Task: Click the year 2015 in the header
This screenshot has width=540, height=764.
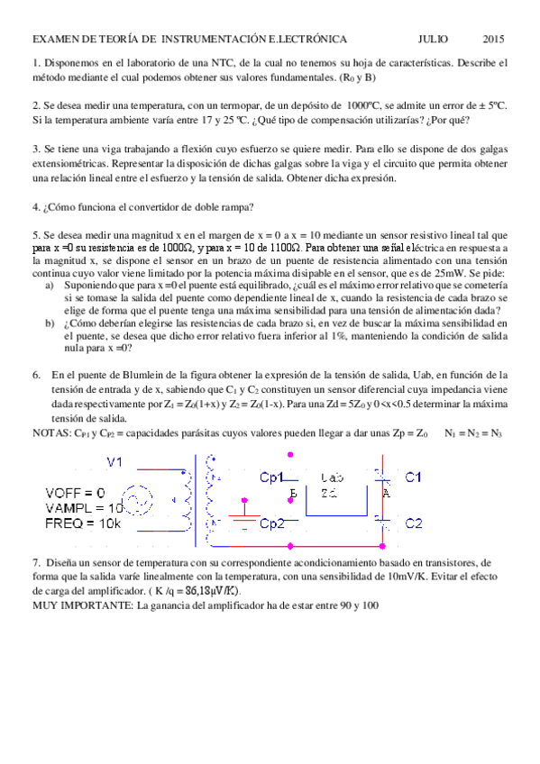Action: [493, 40]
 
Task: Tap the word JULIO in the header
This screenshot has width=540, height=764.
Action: [435, 40]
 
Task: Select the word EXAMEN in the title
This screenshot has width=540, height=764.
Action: [54, 40]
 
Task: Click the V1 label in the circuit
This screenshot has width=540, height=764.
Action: [115, 462]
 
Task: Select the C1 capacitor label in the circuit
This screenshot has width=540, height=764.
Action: [413, 477]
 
